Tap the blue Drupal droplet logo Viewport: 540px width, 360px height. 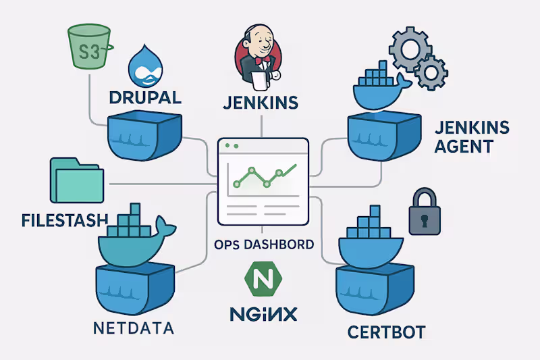[x=145, y=66]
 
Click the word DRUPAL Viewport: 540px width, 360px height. [x=145, y=98]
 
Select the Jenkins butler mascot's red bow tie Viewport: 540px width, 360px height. [x=263, y=59]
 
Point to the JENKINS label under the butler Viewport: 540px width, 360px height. [x=261, y=103]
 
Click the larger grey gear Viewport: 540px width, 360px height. [x=410, y=49]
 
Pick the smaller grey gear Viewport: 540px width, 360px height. [x=431, y=73]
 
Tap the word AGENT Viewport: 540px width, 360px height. [x=464, y=147]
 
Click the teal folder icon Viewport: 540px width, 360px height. [x=77, y=180]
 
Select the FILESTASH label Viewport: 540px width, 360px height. [x=65, y=220]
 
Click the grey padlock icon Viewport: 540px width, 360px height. [x=425, y=211]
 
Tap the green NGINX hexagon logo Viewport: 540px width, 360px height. [x=263, y=279]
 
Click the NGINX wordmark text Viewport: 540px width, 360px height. [x=263, y=314]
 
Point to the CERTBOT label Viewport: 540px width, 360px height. [x=386, y=332]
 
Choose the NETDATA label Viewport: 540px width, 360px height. [x=134, y=328]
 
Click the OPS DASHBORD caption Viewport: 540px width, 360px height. [x=264, y=245]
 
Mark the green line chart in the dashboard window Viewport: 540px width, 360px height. [x=265, y=176]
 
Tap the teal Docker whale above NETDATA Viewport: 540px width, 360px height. [x=137, y=235]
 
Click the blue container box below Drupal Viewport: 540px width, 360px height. [x=144, y=135]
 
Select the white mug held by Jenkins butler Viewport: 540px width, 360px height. [x=260, y=80]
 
